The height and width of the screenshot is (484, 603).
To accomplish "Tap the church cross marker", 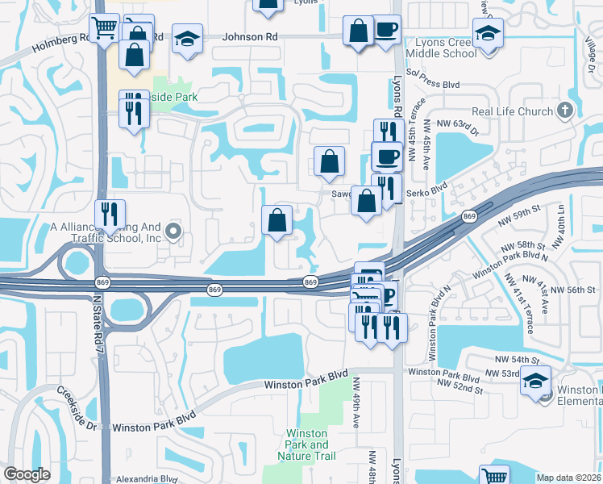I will (565, 111).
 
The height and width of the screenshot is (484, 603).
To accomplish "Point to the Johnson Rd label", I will (244, 36).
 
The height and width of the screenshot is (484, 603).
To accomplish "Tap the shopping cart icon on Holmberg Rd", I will (104, 29).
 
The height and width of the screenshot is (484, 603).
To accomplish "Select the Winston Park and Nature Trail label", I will (308, 444).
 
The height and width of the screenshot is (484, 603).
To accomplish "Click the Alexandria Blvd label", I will (147, 478).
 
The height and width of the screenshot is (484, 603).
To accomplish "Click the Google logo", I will (27, 474).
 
